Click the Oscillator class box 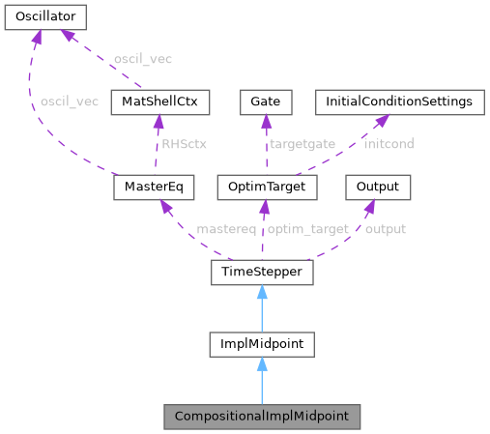(45, 16)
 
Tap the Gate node (265, 101)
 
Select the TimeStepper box (262, 274)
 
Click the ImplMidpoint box (262, 343)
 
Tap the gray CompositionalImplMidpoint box (262, 417)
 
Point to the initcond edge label (389, 144)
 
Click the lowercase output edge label (385, 229)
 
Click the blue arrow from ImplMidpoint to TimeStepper (262, 308)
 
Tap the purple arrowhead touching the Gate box (266, 121)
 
